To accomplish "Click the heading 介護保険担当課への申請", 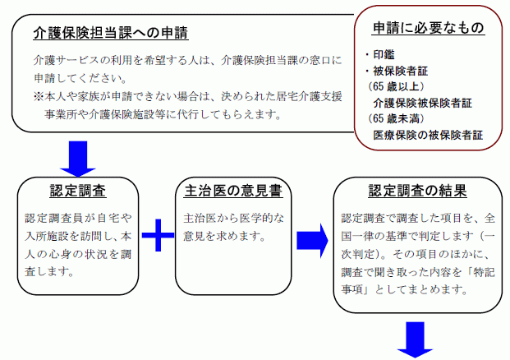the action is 111,33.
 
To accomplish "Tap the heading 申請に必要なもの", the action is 429,28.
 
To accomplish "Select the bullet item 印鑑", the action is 380,54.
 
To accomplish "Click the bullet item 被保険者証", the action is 397,71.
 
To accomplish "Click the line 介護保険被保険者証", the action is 422,103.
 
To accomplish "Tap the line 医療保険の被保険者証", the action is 428,135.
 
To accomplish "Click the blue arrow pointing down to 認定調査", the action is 78,159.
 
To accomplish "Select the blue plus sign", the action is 158,235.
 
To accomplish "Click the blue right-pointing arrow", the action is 312,241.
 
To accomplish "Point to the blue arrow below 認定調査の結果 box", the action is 415,339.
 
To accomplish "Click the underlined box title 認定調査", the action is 78,191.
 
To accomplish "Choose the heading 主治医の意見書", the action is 233,191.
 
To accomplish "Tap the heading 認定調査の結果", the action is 418,191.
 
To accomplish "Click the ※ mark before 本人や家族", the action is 39,96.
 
